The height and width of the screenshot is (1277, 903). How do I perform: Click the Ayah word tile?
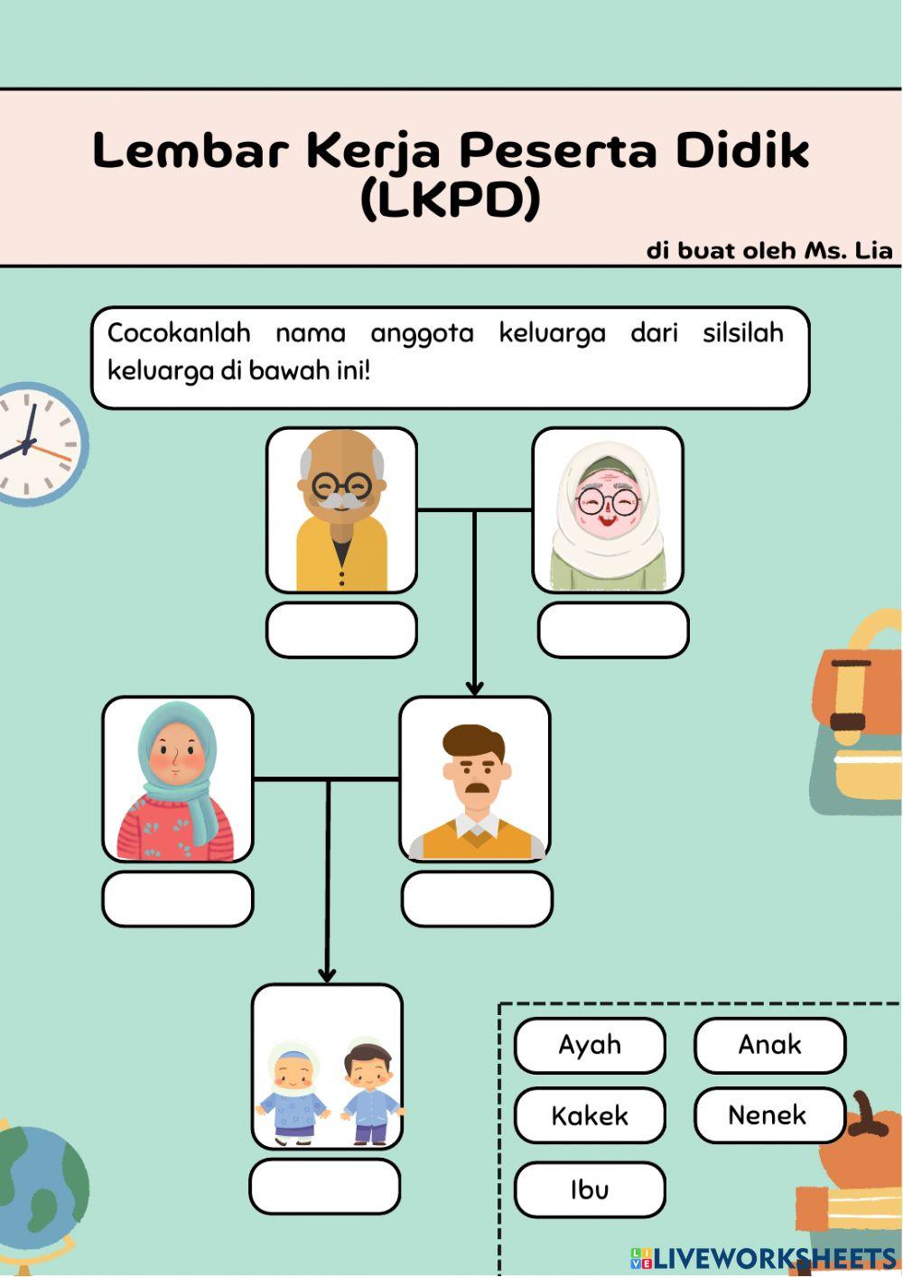pos(590,1045)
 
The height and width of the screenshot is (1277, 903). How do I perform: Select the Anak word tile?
pos(769,1045)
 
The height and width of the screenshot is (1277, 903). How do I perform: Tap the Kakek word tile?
pos(590,1115)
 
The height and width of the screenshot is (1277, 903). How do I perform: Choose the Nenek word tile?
pos(768,1115)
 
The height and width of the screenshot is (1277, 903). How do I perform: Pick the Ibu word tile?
pos(590,1189)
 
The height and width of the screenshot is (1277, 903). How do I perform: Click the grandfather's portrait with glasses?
pos(341,509)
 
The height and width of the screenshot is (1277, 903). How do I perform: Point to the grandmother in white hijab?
pos(608,510)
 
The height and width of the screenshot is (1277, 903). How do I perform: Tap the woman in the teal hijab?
pos(178,778)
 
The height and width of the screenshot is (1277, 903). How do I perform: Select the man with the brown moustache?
pos(475,778)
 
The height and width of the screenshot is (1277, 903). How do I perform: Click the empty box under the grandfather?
pos(341,629)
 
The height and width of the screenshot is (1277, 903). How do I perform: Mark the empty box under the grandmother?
pos(613,629)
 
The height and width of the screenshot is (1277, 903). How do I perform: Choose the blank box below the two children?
pos(325,1186)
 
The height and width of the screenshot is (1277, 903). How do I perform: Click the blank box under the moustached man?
pos(477,899)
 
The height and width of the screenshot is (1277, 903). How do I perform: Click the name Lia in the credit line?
pos(873,250)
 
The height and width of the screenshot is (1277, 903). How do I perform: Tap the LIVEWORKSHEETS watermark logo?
pos(763,1258)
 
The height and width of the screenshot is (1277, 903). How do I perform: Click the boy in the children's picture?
pos(371,1093)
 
